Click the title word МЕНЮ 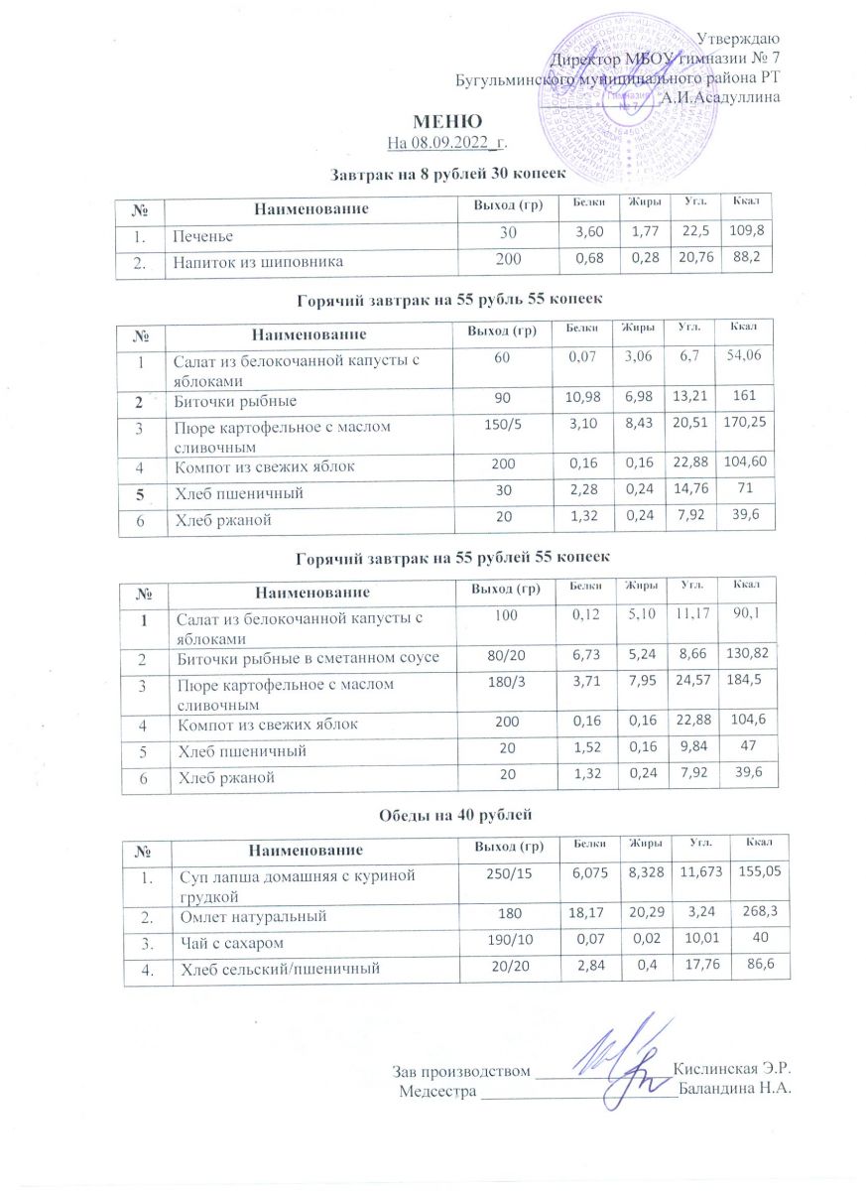(433, 122)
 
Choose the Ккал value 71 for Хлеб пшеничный (745, 490)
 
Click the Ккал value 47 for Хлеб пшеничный (750, 752)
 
